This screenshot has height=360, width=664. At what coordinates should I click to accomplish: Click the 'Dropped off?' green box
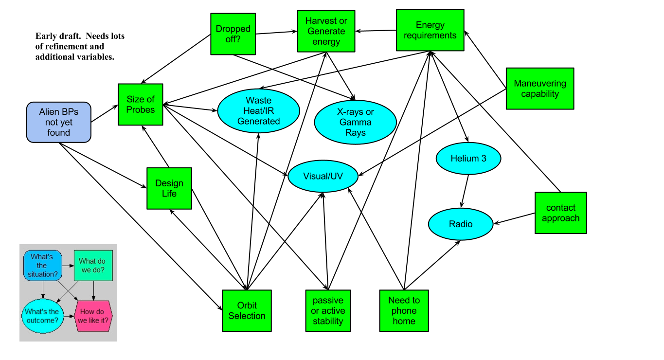click(x=233, y=34)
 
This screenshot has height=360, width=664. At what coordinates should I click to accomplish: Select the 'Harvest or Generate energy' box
click(x=326, y=31)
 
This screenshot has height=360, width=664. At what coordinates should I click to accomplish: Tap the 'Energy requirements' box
click(x=430, y=30)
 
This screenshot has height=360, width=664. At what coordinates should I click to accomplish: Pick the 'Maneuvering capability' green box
click(x=540, y=89)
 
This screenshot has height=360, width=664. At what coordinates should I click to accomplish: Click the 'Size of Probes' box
click(x=140, y=105)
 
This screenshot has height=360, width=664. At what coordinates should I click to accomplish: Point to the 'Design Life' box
click(x=169, y=188)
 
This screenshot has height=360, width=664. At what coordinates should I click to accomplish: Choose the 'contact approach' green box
click(x=561, y=213)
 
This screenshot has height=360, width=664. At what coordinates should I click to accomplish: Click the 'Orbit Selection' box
click(x=247, y=311)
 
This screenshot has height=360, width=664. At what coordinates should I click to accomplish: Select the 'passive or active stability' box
click(x=328, y=311)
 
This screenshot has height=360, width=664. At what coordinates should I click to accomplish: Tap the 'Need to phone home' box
click(x=404, y=311)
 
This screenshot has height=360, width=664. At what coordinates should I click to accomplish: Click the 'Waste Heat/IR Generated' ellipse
click(x=258, y=111)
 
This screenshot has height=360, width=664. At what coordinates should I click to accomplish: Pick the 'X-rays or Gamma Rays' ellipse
click(x=355, y=122)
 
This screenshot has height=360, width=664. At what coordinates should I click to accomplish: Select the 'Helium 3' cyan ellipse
click(x=468, y=158)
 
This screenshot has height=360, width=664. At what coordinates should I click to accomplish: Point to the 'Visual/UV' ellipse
click(x=323, y=176)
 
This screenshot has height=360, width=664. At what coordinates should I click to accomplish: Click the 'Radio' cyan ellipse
click(x=461, y=224)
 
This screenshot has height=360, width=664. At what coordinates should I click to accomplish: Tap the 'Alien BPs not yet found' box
click(x=59, y=122)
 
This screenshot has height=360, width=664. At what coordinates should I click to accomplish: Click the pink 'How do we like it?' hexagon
click(x=93, y=316)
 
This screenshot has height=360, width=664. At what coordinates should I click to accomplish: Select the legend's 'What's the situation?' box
click(x=42, y=266)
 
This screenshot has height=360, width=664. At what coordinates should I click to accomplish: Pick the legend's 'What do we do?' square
click(x=93, y=266)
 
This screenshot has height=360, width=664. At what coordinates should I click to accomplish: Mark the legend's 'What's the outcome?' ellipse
click(x=42, y=316)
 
